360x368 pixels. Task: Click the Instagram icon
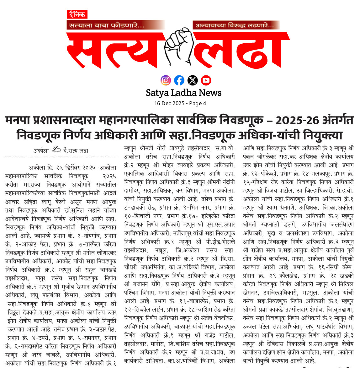[166, 80]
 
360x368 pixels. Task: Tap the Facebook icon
[179, 80]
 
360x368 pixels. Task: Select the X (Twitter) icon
[193, 80]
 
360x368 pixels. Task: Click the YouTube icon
[206, 80]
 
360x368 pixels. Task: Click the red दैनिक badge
[77, 14]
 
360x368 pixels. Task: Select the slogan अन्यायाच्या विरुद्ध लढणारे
[235, 25]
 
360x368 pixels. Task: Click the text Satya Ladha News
[183, 93]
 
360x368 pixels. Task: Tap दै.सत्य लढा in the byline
[76, 151]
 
